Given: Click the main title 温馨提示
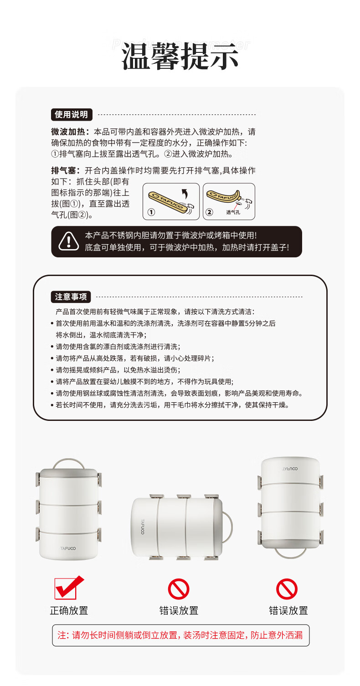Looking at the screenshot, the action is [180, 56].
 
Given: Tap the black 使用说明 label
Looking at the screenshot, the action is [72, 114].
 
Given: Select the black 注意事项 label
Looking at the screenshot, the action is [71, 297].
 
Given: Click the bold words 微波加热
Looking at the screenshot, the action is [68, 132].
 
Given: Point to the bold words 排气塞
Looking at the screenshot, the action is [63, 170].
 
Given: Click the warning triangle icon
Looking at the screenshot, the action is [69, 241].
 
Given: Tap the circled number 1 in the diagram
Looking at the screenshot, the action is [151, 212].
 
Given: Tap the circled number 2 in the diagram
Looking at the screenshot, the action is [209, 212].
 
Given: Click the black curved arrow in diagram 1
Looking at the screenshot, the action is [184, 194].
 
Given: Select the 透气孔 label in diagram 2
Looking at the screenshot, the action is [233, 212].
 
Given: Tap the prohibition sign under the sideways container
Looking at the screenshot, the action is [179, 589].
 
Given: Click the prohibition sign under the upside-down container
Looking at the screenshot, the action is [287, 589].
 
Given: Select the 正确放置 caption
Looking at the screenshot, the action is [69, 610].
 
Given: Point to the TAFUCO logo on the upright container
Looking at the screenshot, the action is [68, 548].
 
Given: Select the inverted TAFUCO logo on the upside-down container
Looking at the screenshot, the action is [290, 469].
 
